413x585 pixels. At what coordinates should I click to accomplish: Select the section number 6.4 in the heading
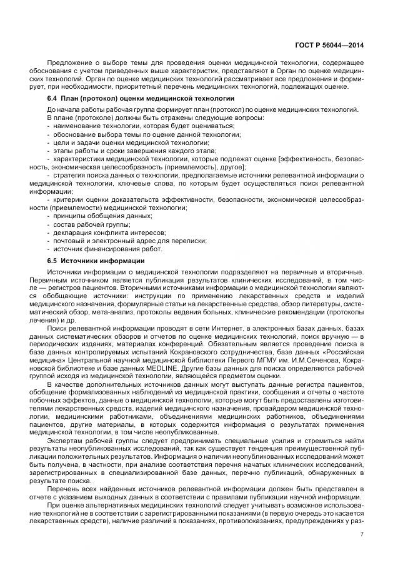point(53,99)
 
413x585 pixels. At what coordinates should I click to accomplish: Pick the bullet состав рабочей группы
point(91,224)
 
